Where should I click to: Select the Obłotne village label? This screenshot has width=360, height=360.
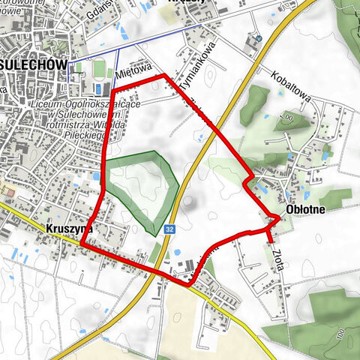point(305,210)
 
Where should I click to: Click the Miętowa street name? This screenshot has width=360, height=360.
point(135,72)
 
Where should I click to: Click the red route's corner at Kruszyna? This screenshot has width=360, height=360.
point(81,244)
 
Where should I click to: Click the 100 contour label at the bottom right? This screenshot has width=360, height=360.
point(342,331)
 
